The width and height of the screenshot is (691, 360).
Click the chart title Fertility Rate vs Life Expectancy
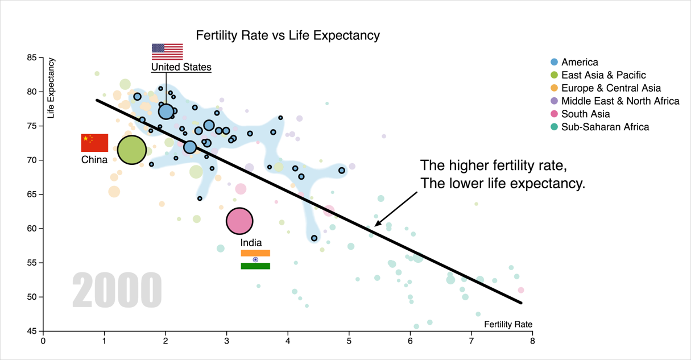tap(288, 35)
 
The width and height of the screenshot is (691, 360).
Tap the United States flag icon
tap(167, 51)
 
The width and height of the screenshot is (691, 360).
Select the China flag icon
tap(94, 143)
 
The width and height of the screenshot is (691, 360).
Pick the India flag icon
tap(255, 259)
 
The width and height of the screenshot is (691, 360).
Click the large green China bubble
tap(132, 150)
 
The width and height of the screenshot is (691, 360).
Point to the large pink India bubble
tap(239, 221)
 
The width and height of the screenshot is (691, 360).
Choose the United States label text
tap(181, 67)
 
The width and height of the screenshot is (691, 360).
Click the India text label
tap(251, 243)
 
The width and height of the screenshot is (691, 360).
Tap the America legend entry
tap(579, 62)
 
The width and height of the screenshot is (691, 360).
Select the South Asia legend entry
tap(585, 114)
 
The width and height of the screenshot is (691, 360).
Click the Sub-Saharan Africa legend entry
tap(605, 127)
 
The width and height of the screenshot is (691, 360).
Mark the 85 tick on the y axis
tap(31, 57)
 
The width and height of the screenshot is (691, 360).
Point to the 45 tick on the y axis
tap(31, 331)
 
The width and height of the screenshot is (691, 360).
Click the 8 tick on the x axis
tap(532, 341)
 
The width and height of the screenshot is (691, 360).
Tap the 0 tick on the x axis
tap(43, 341)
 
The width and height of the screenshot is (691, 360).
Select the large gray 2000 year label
tap(117, 291)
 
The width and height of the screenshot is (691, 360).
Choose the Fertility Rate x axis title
tap(508, 324)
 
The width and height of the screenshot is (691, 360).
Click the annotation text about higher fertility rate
tap(502, 175)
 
